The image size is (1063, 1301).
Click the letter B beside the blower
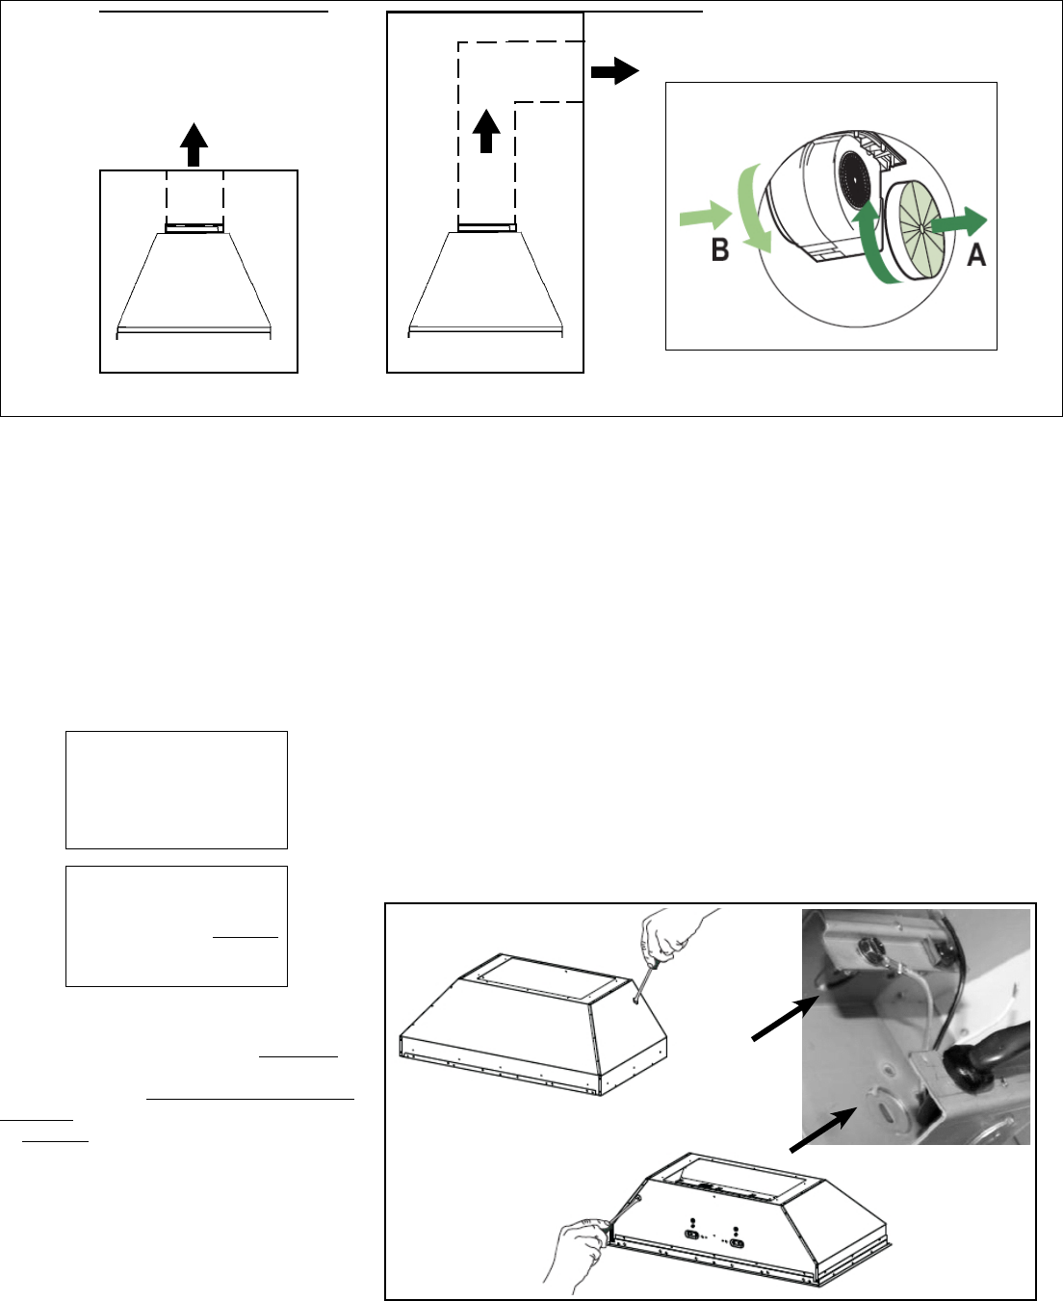pos(720,249)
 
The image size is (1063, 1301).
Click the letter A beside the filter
pos(976,254)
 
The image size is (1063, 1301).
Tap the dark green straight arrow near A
pos(959,222)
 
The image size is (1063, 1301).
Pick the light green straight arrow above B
pos(706,215)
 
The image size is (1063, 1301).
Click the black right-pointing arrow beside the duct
pos(614,71)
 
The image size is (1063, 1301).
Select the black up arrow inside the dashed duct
pos(486,131)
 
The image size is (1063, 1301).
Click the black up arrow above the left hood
pos(194,144)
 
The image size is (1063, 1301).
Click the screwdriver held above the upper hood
pos(646,981)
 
